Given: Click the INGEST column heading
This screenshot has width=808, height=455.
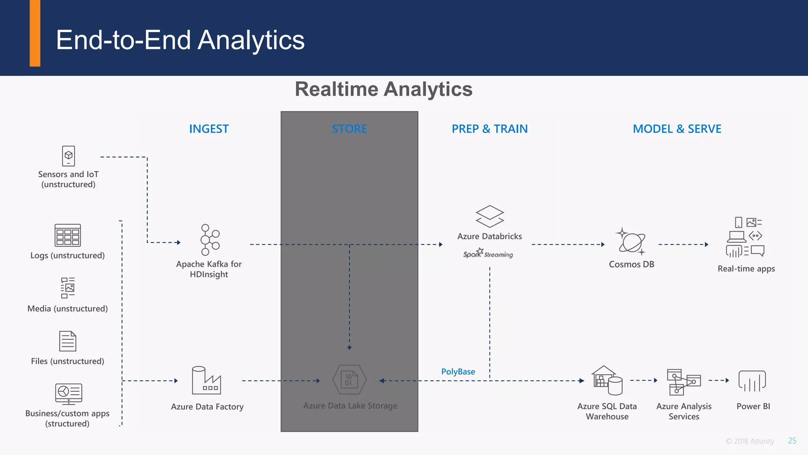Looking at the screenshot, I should (209, 129).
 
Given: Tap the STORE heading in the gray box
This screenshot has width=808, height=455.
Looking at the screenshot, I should (349, 129).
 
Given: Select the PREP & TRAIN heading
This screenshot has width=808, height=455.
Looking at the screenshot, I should (490, 129).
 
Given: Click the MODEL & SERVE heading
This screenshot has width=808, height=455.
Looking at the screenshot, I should (677, 129).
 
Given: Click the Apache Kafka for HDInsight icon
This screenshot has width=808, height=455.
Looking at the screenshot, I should (209, 240).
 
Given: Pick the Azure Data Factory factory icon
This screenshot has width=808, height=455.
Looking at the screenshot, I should (206, 380).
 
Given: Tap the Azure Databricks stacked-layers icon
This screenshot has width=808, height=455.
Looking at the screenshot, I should (490, 216).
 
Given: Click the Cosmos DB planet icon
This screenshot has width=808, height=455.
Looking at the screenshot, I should (631, 241).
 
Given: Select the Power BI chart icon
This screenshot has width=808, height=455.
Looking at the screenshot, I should (752, 381).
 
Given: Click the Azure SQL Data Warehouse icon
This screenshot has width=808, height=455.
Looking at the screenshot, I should (607, 380).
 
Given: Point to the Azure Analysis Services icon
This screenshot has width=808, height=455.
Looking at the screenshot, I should (683, 382).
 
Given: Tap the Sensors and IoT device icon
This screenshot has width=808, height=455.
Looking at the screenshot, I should (68, 156).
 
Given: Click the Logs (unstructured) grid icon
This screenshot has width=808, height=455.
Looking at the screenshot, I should (67, 235).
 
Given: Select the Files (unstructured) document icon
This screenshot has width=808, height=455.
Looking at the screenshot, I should (67, 341).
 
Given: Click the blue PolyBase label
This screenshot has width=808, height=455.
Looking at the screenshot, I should (458, 372).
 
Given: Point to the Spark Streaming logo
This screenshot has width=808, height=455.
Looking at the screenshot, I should (488, 254).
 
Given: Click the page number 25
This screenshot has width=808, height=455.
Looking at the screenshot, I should (792, 441).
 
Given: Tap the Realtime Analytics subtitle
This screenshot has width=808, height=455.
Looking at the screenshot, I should (383, 89).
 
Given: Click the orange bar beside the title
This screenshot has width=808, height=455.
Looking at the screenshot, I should (35, 33).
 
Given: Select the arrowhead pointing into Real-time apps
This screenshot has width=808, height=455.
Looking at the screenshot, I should (706, 244).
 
